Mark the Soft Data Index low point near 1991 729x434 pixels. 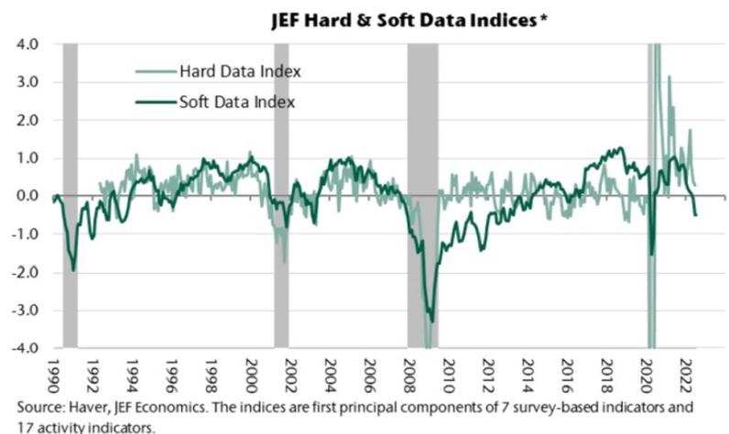point(73,270)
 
